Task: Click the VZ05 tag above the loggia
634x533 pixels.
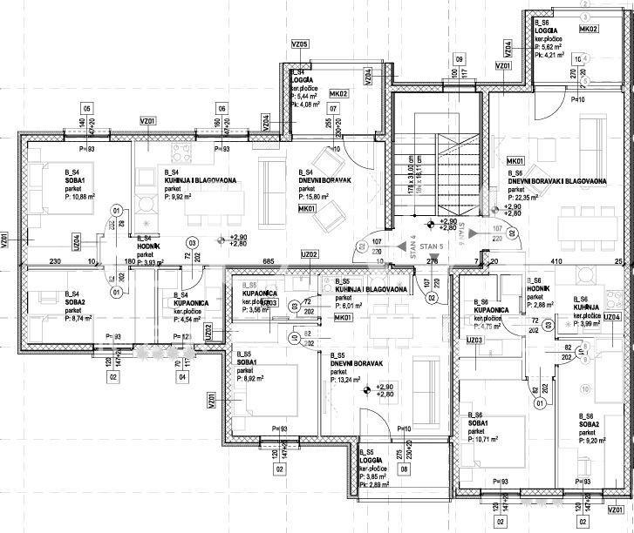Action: tap(300, 44)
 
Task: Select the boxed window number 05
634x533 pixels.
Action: tap(86, 108)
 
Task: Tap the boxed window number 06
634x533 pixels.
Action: tap(222, 108)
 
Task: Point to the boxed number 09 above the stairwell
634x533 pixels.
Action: tap(458, 59)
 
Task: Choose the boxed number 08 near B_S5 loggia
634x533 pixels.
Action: tap(404, 469)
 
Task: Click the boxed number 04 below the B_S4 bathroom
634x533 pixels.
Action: tap(182, 377)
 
